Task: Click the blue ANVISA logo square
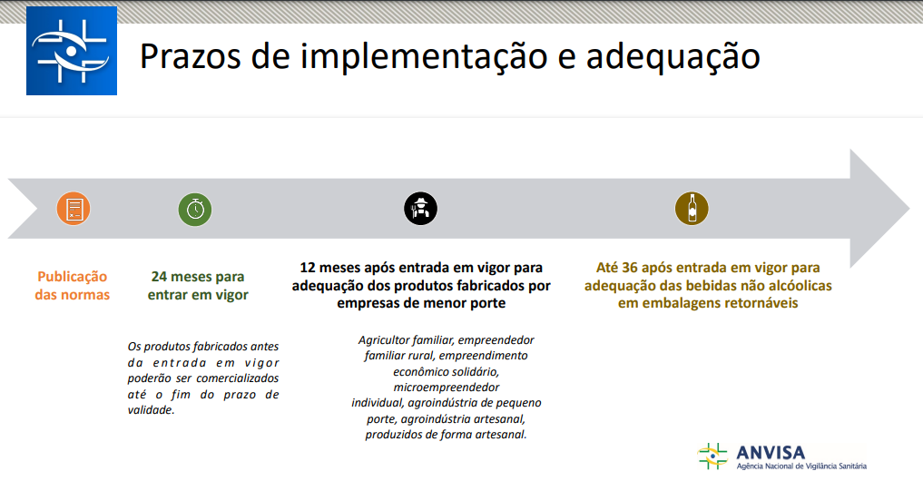tap(72, 51)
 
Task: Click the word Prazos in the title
tap(191, 56)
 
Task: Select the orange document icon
tap(74, 209)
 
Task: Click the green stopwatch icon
tap(195, 209)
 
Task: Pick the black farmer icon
tap(420, 209)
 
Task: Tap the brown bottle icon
tap(692, 209)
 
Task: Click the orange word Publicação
tap(73, 278)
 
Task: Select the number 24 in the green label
tap(159, 277)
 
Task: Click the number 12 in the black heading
tap(308, 268)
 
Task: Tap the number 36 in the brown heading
tap(630, 268)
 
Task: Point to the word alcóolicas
tap(797, 286)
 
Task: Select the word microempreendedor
tap(447, 388)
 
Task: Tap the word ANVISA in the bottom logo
tap(771, 453)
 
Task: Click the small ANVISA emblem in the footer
tap(712, 456)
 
